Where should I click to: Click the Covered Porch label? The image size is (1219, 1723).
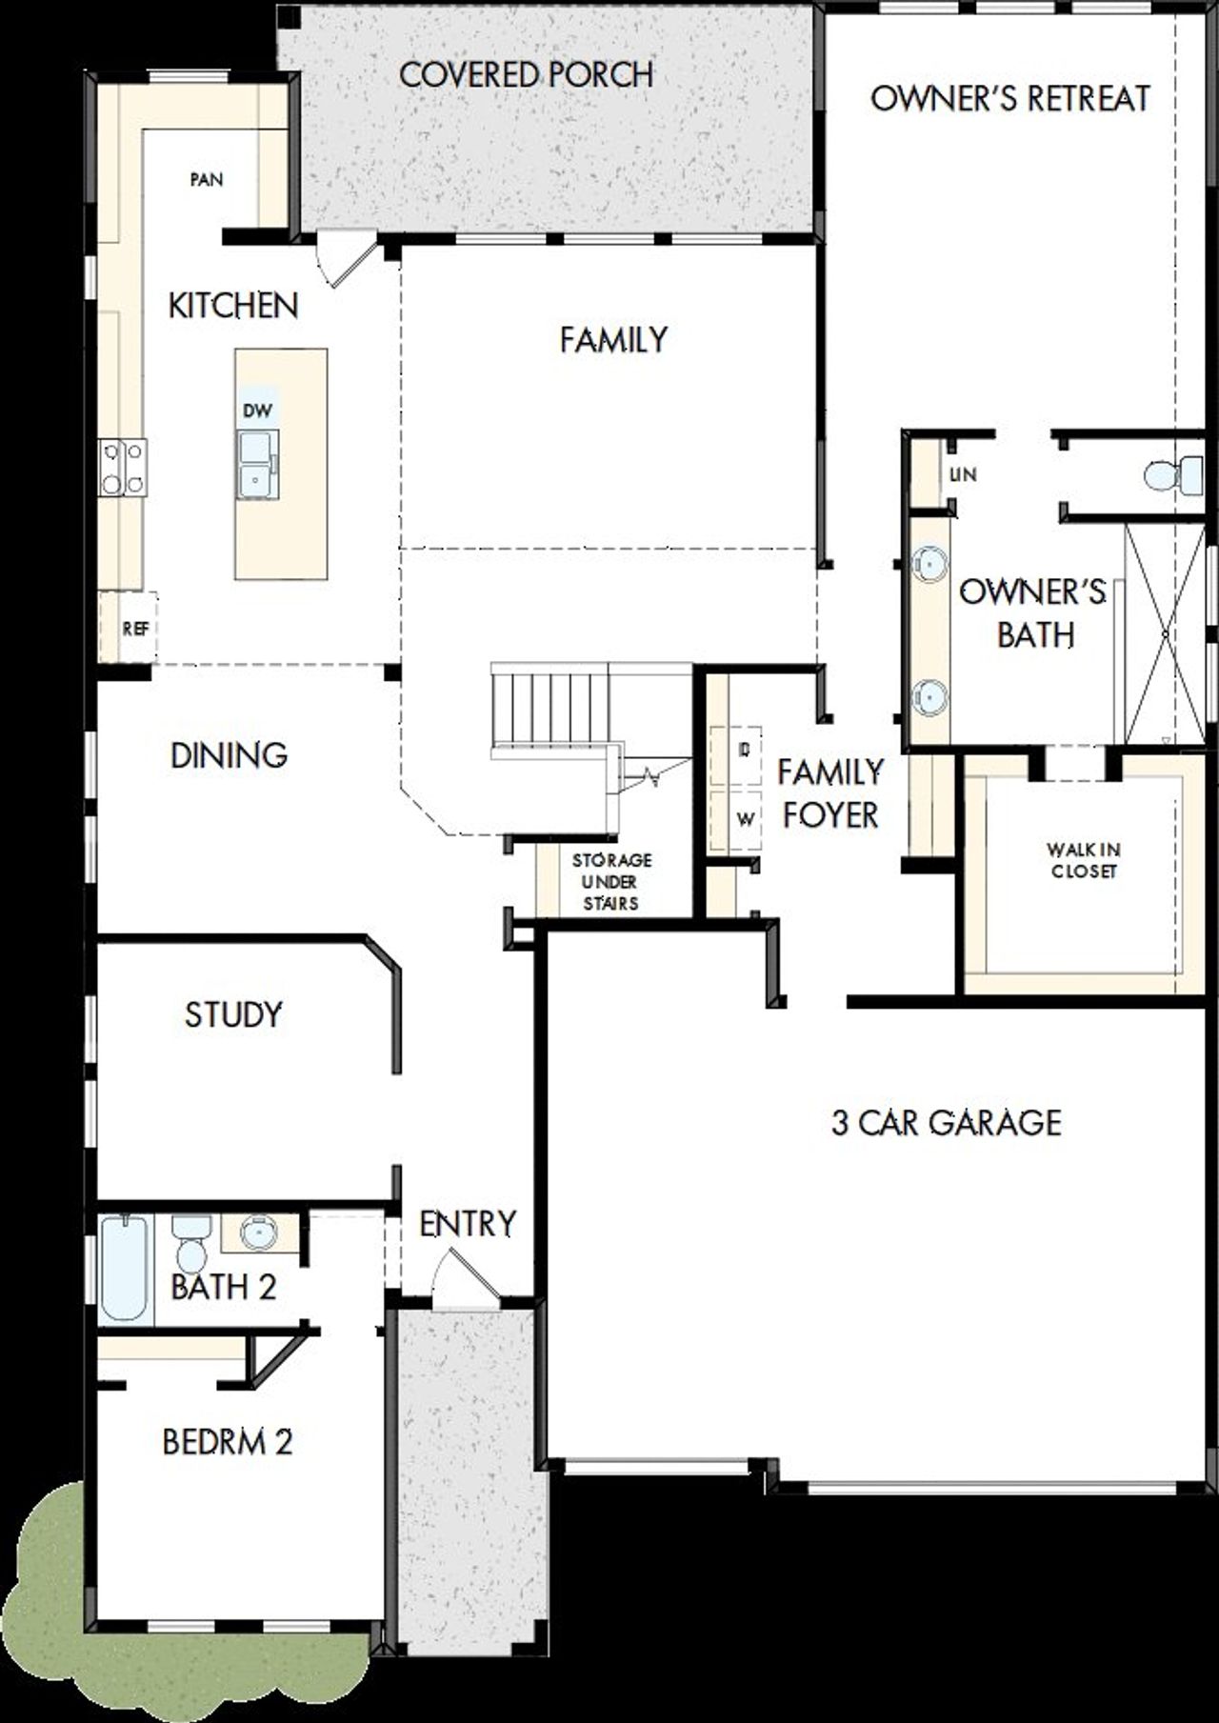[x=526, y=74]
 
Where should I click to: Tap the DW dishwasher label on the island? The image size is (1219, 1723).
[x=257, y=411]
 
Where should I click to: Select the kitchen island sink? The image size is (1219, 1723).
[x=257, y=463]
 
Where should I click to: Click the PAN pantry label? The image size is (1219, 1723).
[x=207, y=179]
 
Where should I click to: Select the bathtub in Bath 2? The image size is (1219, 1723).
[x=125, y=1267]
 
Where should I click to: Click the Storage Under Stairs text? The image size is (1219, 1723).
[x=610, y=881]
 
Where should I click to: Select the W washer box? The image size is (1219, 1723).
[x=747, y=818]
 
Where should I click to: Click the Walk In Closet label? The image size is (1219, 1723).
[x=1083, y=859]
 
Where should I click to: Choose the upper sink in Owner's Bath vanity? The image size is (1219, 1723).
[x=929, y=563]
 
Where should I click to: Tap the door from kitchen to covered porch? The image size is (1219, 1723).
[x=345, y=263]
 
